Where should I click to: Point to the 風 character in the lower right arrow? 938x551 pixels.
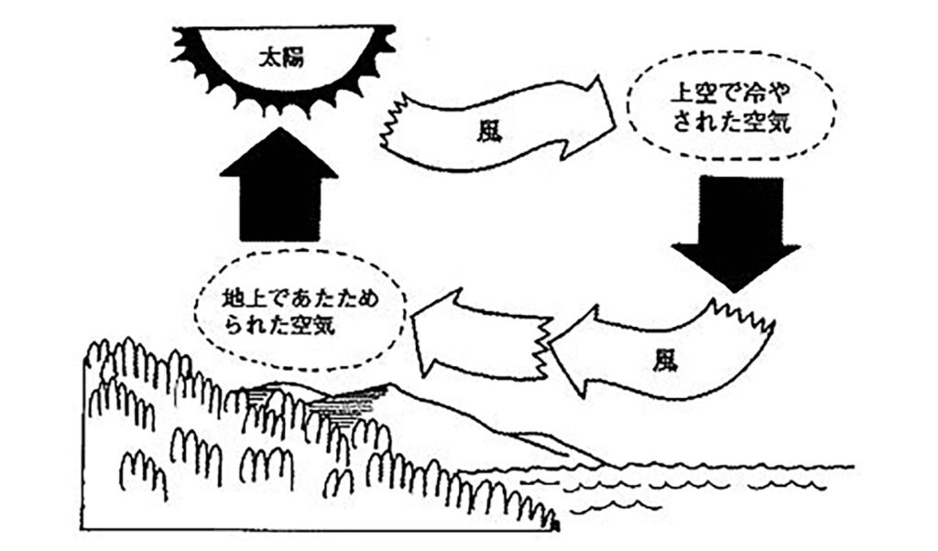(x=665, y=360)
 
